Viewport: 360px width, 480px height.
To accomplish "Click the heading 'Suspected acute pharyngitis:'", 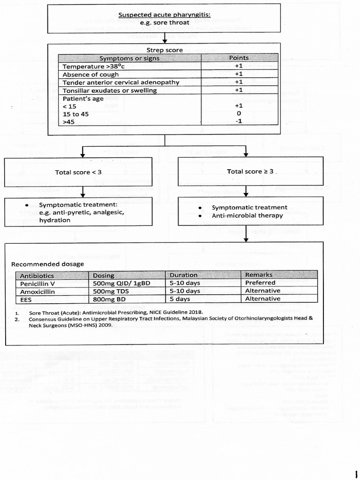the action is [164, 15].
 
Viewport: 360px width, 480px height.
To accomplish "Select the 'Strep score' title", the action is [165, 50].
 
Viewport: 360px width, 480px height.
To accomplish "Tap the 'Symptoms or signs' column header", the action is [129, 58].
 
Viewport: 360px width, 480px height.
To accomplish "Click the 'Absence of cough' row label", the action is [90, 75].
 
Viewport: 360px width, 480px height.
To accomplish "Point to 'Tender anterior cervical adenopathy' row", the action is [121, 82].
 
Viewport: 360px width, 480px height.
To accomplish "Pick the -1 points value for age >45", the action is [239, 121].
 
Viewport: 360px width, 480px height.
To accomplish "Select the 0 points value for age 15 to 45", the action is [239, 114].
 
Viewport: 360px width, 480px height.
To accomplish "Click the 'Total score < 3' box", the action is [78, 172].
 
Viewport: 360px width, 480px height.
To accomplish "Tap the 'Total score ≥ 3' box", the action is [251, 172].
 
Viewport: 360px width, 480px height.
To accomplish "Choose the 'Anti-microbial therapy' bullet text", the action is [247, 216].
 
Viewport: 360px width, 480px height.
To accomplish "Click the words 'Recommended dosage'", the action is [47, 264].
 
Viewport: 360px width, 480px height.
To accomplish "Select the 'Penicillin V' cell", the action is [37, 283].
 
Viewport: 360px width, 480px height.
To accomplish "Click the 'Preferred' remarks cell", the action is [260, 283].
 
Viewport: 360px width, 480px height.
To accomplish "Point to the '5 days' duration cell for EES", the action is [180, 299].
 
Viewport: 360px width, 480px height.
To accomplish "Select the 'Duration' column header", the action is [183, 275].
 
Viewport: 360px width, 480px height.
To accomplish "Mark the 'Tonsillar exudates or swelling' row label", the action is [110, 90].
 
